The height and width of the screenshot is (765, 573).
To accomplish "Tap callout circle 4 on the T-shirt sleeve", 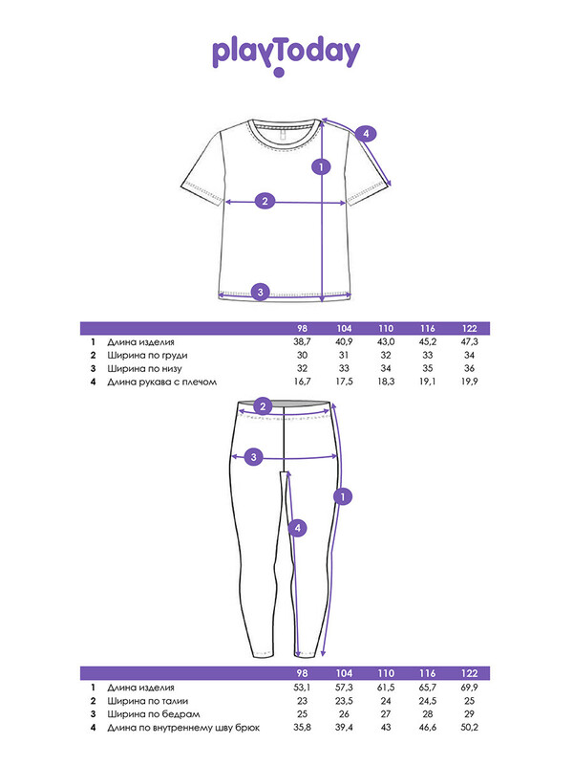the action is (x=366, y=133).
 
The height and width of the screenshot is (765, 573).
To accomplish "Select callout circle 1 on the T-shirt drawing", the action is (x=321, y=166).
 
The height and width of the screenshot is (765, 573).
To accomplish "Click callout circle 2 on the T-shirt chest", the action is (x=265, y=201).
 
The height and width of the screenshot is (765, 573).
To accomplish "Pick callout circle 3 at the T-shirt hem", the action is (x=260, y=292).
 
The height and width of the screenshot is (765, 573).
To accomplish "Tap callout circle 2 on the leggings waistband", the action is (x=264, y=406).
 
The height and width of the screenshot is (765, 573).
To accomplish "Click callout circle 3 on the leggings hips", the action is (x=253, y=457).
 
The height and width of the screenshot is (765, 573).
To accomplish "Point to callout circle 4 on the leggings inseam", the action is (x=298, y=528).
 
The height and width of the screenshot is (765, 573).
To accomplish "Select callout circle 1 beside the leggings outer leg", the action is (x=343, y=496).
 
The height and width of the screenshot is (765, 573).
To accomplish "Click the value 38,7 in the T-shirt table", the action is (x=302, y=342).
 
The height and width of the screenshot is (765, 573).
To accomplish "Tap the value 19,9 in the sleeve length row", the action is (x=469, y=382).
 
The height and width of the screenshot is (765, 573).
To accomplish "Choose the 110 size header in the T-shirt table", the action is (x=386, y=328).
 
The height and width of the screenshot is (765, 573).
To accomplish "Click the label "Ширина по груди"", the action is (x=148, y=355).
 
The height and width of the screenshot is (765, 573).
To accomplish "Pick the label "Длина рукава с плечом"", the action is (x=161, y=382).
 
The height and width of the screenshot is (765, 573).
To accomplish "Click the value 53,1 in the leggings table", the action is (x=302, y=688).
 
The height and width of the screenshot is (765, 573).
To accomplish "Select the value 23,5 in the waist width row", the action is (x=344, y=701).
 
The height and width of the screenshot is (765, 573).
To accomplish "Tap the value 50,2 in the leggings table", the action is (x=469, y=728).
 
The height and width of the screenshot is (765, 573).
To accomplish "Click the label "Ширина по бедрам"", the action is (x=154, y=714).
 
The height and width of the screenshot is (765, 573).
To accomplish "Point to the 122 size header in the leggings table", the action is (x=469, y=673).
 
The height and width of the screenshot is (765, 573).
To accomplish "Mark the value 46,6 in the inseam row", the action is (x=428, y=728).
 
